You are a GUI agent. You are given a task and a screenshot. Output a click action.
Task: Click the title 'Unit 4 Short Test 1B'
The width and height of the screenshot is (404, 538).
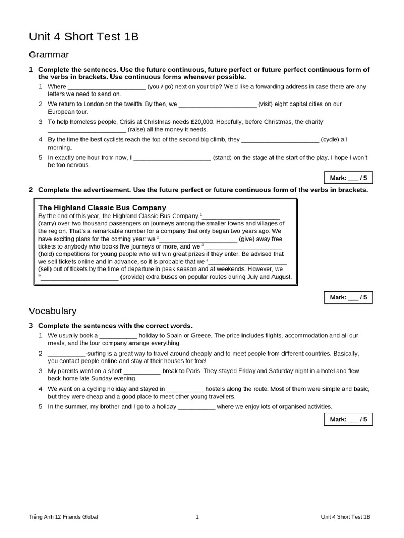tap(84, 36)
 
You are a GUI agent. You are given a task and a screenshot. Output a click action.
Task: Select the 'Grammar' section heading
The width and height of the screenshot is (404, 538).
tap(49, 55)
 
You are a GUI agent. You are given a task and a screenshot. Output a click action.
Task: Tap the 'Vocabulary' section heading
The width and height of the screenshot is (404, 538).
tap(53, 311)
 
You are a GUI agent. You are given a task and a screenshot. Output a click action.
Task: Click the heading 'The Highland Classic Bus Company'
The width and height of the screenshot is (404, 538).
tap(102, 208)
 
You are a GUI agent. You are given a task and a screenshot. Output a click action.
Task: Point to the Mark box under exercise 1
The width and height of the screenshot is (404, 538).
tap(348, 178)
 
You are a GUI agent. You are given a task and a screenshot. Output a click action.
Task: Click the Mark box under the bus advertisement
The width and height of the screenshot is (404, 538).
tap(348, 297)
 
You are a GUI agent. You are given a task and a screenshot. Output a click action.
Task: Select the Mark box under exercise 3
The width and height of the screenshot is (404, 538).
tap(348, 419)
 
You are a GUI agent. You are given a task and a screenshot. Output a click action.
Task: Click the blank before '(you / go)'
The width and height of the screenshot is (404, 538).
tap(107, 87)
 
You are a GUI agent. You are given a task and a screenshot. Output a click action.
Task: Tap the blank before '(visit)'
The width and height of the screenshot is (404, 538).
tap(218, 104)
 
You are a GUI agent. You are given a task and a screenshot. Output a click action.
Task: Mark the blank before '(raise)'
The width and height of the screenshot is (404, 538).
tap(87, 130)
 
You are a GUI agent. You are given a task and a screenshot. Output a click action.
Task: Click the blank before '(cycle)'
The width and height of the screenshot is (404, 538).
tap(280, 140)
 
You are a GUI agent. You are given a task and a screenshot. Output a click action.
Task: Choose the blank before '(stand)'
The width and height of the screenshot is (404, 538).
tap(172, 158)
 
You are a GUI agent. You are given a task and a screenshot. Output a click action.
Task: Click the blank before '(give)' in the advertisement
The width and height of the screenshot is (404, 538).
tap(198, 239)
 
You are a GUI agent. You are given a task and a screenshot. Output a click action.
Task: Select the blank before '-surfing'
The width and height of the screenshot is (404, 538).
tap(66, 354)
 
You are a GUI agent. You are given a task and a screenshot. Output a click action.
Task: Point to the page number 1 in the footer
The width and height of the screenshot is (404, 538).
tap(197, 516)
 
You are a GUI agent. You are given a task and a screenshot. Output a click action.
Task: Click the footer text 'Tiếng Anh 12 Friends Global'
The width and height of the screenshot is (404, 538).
tap(63, 516)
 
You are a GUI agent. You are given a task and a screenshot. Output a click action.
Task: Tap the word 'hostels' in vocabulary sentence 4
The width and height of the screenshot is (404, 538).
tap(216, 389)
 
